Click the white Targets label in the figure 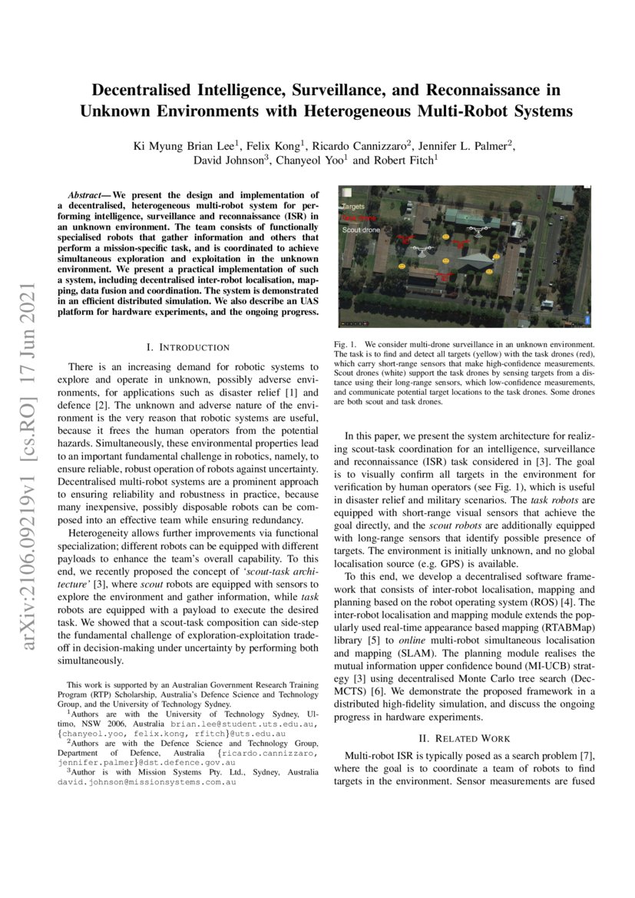353,207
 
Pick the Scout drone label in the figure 360,229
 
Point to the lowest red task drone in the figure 443,274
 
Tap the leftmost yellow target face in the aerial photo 402,266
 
